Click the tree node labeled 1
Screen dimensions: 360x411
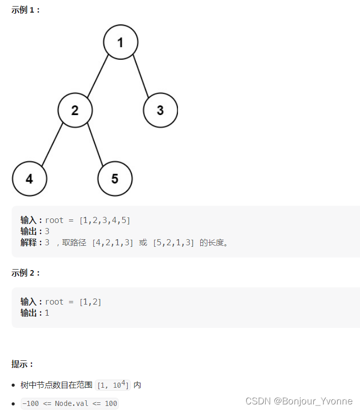pyautogui.click(x=121, y=42)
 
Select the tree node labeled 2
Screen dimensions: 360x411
pyautogui.click(x=75, y=110)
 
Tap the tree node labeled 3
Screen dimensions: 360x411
pyautogui.click(x=160, y=110)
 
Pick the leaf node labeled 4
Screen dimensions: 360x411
pyautogui.click(x=29, y=178)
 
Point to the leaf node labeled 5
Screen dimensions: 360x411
pyautogui.click(x=115, y=178)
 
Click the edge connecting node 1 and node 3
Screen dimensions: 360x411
pyautogui.click(x=141, y=77)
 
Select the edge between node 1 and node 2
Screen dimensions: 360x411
pyautogui.click(x=97, y=76)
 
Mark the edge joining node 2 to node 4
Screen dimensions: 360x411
pyautogui.click(x=52, y=145)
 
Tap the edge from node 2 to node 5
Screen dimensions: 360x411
pyautogui.click(x=95, y=145)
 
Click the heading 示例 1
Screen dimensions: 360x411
pyautogui.click(x=25, y=10)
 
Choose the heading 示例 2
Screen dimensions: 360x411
pyautogui.click(x=25, y=273)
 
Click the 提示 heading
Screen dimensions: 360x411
pyautogui.click(x=23, y=364)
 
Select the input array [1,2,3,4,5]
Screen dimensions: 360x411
pyautogui.click(x=104, y=220)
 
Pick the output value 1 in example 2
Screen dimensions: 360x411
pyautogui.click(x=47, y=313)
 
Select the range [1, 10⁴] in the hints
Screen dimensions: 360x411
pyautogui.click(x=113, y=385)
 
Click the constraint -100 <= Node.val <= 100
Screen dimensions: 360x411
pyautogui.click(x=69, y=404)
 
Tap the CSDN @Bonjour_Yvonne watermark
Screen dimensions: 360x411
pyautogui.click(x=299, y=401)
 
